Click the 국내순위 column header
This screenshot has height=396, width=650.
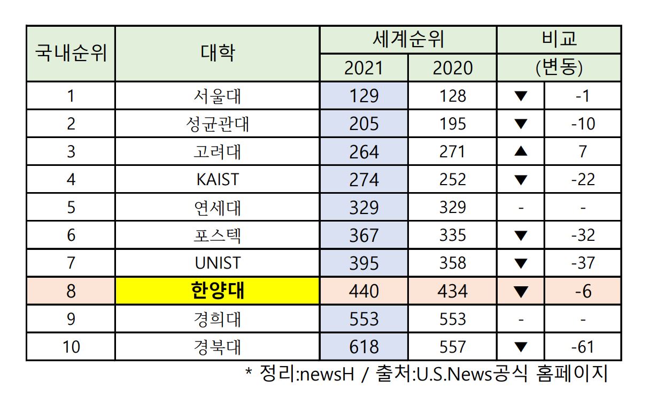pos(71,54)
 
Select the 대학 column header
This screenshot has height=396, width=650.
pos(218,54)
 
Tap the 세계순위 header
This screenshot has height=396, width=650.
pos(408,40)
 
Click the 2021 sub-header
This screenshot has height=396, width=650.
pos(363,68)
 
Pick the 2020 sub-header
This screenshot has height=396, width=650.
pos(453,68)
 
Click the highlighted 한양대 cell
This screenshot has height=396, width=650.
pos(218,291)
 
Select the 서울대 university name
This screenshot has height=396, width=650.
pos(218,96)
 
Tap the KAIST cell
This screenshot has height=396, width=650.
pos(218,180)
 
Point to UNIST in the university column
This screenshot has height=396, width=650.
pos(218,263)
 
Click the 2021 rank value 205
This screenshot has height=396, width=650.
pos(363,124)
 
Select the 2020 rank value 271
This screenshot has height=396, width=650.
pos(453,152)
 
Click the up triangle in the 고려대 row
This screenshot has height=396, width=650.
pos(521,152)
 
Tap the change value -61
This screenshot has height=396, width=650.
pos(582,347)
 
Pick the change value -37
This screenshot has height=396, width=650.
pos(582,263)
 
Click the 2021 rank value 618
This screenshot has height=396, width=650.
pos(363,347)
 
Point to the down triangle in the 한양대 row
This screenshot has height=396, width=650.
pos(521,292)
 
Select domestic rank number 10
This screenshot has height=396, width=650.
pos(71,347)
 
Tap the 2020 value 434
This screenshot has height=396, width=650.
pos(453,291)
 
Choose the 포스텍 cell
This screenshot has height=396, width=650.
pos(218,235)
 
